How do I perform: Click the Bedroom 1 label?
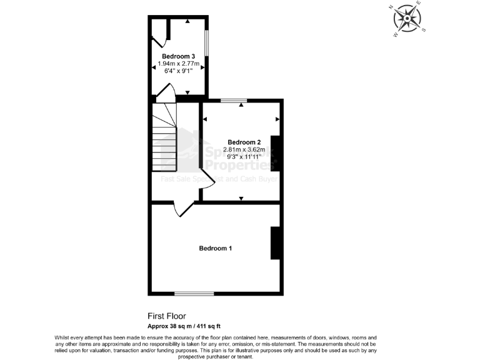215,248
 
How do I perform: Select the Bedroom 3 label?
178,56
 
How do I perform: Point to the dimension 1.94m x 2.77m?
178,64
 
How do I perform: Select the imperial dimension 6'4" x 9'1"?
178,71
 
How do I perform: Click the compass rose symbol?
407,19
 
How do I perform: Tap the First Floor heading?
166,316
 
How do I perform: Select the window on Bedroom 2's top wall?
233,101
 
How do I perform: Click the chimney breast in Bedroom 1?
274,242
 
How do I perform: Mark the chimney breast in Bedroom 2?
274,152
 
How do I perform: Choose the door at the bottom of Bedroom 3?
166,93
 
